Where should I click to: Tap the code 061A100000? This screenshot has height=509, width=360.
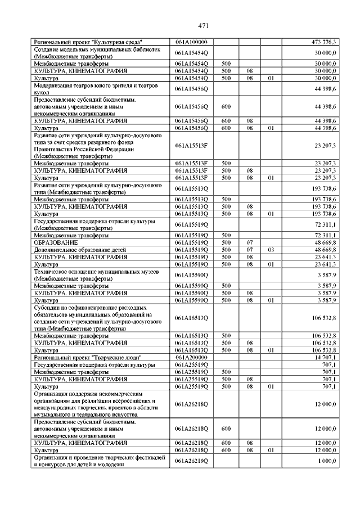click(191, 42)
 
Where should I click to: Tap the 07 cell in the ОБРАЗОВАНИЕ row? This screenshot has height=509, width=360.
click(249, 242)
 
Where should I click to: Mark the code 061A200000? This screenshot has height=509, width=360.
click(191, 357)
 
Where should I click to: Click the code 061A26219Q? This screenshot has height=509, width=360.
click(191, 461)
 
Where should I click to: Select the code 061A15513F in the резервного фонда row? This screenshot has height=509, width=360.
click(191, 146)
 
